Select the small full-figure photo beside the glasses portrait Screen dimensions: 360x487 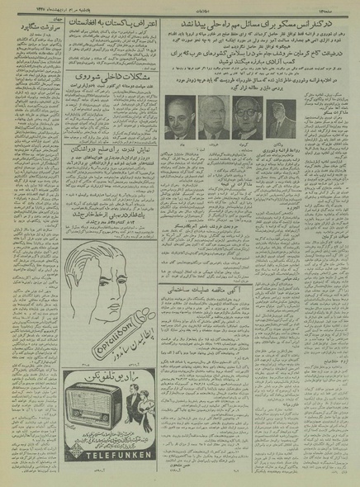point(281,119)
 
